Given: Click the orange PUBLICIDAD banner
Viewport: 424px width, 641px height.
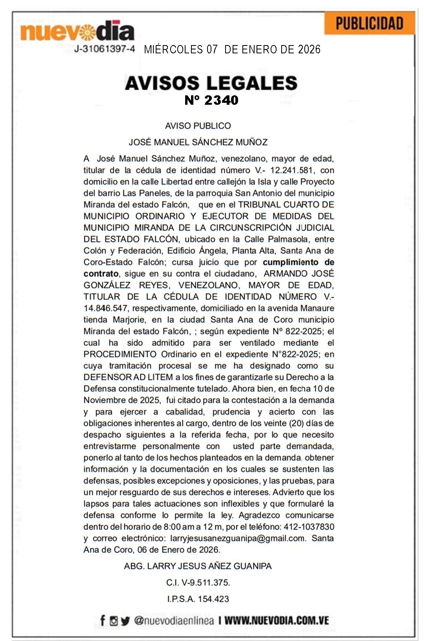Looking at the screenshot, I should [x=369, y=24].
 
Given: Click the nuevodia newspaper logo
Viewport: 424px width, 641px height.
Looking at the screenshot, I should [x=77, y=31].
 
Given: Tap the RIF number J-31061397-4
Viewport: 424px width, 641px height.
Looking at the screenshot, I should [x=104, y=49].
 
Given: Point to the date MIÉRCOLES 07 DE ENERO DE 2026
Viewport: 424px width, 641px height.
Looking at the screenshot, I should [x=232, y=49].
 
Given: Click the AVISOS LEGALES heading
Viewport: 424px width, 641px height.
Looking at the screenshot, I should [x=211, y=83].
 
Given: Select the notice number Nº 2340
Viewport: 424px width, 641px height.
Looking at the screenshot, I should [x=211, y=100].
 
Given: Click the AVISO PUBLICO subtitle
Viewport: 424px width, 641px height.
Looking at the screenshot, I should [x=198, y=126].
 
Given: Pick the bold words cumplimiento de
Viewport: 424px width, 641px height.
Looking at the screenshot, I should [x=298, y=262].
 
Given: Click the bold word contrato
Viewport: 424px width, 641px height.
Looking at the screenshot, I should [x=101, y=273].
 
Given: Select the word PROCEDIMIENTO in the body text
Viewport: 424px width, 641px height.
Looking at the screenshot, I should [x=120, y=354].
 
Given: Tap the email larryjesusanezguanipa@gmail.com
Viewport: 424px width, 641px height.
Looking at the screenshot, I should [x=238, y=538].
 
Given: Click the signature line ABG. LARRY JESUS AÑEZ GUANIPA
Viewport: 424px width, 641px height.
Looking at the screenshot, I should [x=198, y=566].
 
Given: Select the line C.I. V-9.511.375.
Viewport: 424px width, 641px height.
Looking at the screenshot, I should [x=198, y=583].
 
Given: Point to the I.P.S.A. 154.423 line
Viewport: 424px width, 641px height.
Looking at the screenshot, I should [x=198, y=599].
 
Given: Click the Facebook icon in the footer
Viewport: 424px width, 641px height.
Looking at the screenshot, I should [x=102, y=621].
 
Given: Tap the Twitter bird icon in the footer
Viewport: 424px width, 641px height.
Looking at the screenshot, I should [x=125, y=621].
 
